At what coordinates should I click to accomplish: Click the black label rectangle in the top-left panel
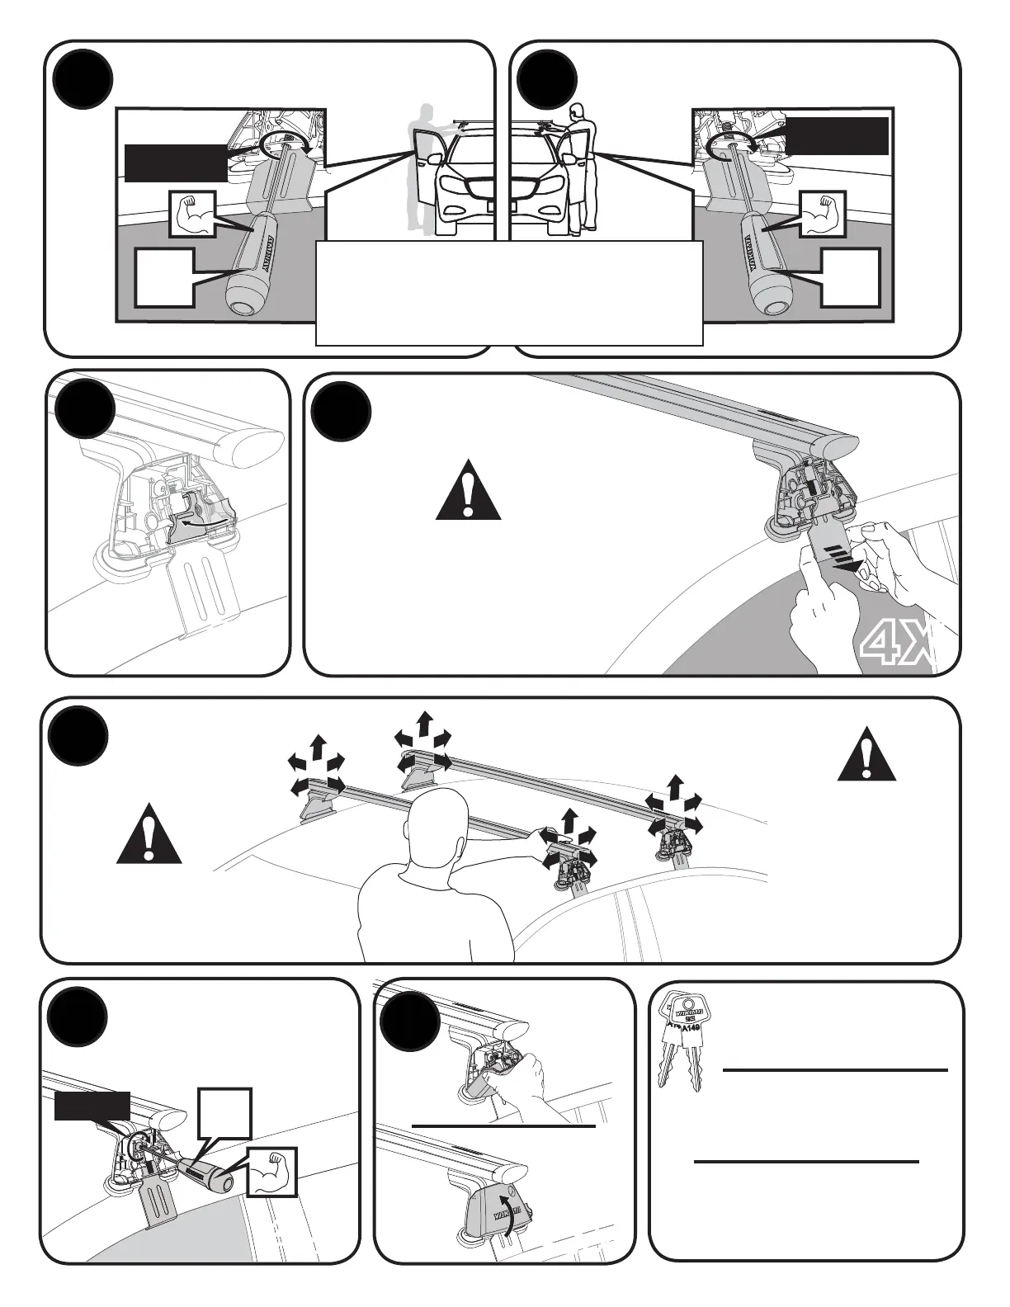175,163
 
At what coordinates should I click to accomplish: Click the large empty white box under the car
509,292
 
